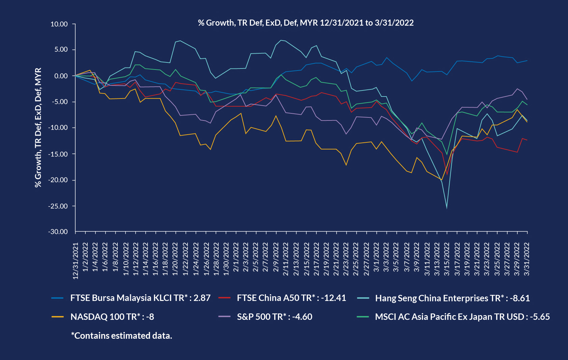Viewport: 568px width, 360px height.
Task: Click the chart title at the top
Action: tap(306, 23)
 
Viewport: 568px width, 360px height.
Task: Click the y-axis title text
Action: tap(38, 128)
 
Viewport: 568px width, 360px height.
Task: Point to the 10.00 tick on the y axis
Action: tap(59, 24)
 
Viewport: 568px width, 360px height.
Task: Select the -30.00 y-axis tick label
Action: tap(58, 232)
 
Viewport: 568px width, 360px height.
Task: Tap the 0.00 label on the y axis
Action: tap(61, 76)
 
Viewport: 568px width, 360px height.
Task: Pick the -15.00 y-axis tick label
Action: tap(58, 154)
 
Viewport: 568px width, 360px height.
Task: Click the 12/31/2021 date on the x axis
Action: tap(76, 261)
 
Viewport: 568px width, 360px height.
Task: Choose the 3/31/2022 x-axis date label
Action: tap(527, 259)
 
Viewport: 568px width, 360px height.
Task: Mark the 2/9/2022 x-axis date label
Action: tap(276, 259)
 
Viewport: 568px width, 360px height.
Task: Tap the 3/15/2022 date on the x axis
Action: tap(447, 259)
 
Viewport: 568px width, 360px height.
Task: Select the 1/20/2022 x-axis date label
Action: tap(175, 259)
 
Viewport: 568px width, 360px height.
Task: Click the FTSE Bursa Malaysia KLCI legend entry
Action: tap(140, 298)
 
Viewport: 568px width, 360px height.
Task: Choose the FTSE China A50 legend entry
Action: tap(291, 298)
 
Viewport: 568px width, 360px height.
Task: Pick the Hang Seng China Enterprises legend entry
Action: tap(452, 298)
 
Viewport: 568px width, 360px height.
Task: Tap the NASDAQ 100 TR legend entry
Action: tap(112, 317)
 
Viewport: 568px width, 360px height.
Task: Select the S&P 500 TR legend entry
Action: tap(274, 317)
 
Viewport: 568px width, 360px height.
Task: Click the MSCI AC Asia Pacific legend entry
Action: tap(462, 317)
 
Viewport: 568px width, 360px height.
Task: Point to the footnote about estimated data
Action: tap(121, 336)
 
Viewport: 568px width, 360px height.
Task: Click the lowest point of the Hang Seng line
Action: tap(447, 208)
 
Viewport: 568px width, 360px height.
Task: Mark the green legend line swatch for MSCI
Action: tap(363, 317)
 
